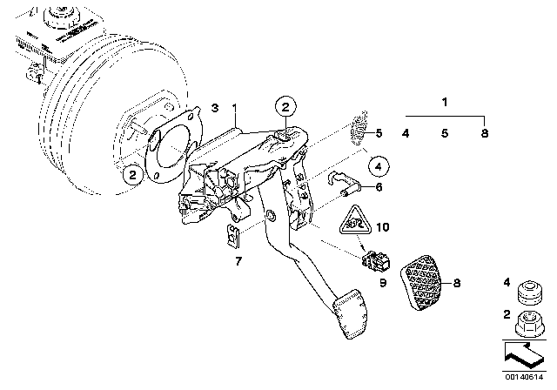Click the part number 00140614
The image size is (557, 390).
(x=525, y=378)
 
